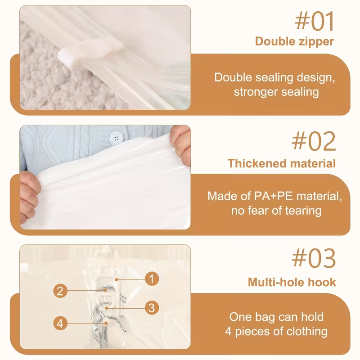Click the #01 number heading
click(314, 21)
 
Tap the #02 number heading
click(314, 141)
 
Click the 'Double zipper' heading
click(295, 42)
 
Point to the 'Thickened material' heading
click(282, 163)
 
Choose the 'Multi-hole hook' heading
click(292, 282)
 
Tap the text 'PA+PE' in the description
click(274, 196)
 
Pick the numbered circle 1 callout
click(152, 279)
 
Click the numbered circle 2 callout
click(60, 291)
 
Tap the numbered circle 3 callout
click(152, 308)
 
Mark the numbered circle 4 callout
click(60, 324)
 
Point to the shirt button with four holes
click(116, 138)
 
